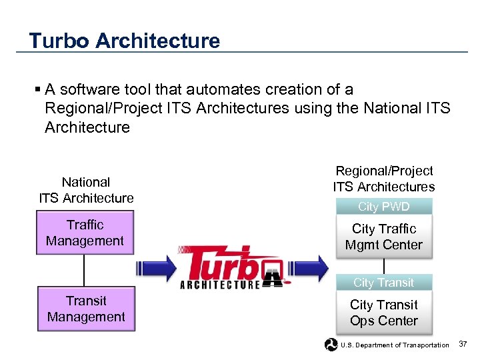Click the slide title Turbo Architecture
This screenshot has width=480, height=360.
[x=124, y=41]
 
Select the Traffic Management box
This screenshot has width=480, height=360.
[x=85, y=233]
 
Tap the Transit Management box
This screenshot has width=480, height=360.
[x=86, y=309]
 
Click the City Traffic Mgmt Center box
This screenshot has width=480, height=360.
[x=383, y=237]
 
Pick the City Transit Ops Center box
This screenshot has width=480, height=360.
[x=383, y=313]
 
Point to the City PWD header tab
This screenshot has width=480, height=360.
[x=383, y=207]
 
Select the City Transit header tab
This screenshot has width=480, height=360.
[x=383, y=283]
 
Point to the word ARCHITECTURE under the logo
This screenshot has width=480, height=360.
[x=220, y=285]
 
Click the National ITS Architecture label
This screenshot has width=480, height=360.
[x=86, y=190]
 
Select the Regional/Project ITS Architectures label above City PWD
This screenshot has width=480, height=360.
[x=383, y=179]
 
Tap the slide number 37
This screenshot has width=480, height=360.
[x=464, y=344]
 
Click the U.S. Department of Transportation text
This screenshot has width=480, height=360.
[x=395, y=345]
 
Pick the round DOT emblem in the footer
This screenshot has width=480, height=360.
[x=331, y=344]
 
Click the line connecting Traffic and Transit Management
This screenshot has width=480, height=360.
[x=85, y=271]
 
